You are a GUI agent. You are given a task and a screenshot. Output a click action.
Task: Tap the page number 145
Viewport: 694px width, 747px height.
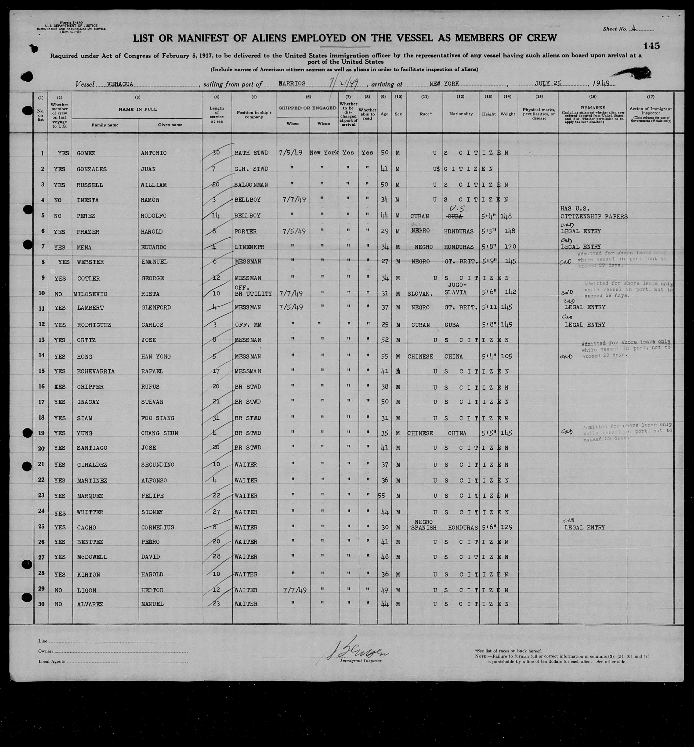651,46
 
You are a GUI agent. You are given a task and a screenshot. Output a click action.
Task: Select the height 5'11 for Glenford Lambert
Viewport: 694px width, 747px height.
488,307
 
